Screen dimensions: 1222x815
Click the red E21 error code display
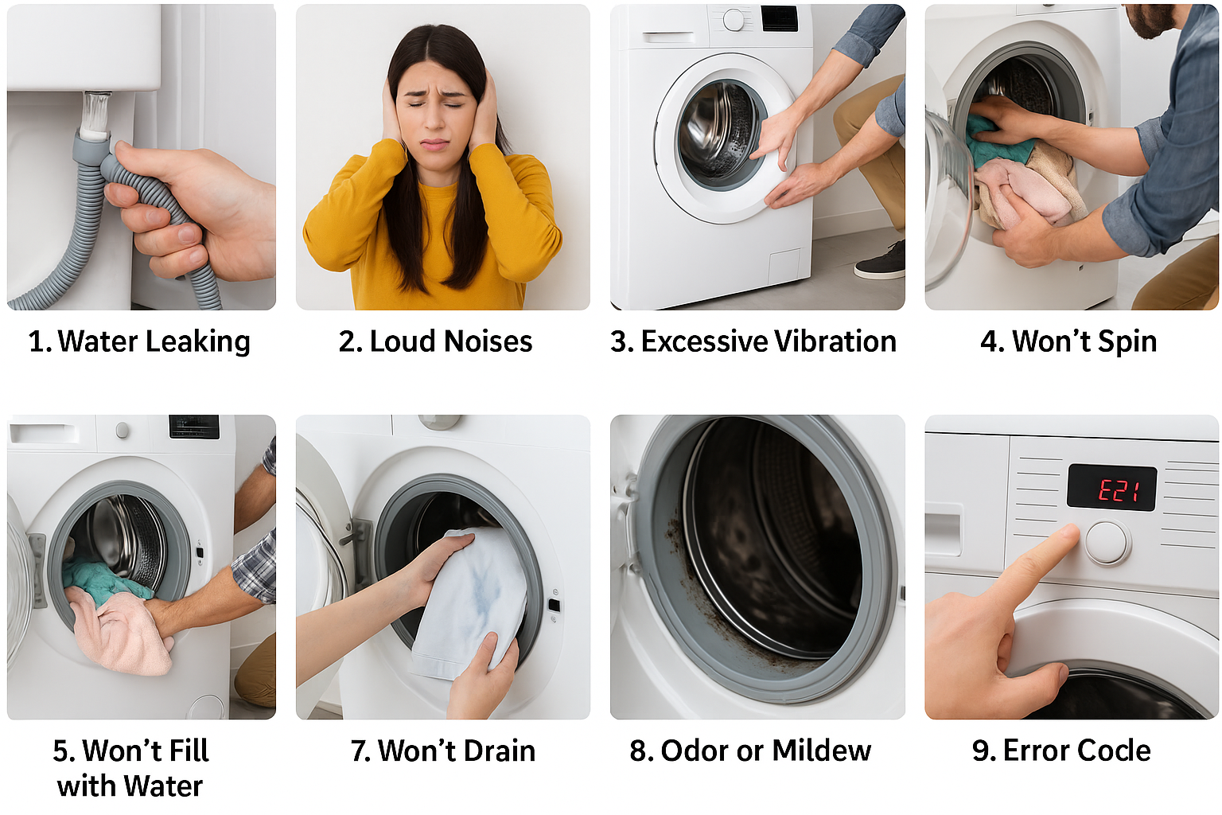coord(1111,487)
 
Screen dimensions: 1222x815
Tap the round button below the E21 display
coord(1107,543)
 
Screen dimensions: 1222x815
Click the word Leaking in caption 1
coord(198,342)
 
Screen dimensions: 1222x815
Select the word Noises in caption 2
coord(488,341)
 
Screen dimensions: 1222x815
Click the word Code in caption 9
coord(1115,751)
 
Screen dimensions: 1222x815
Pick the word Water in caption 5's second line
coord(163,786)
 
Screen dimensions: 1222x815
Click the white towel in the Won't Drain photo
coord(469,603)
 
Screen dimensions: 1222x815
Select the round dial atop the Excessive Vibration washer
coord(734,20)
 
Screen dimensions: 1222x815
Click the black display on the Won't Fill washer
coord(194,427)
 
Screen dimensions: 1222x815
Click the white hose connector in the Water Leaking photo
coord(95,115)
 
